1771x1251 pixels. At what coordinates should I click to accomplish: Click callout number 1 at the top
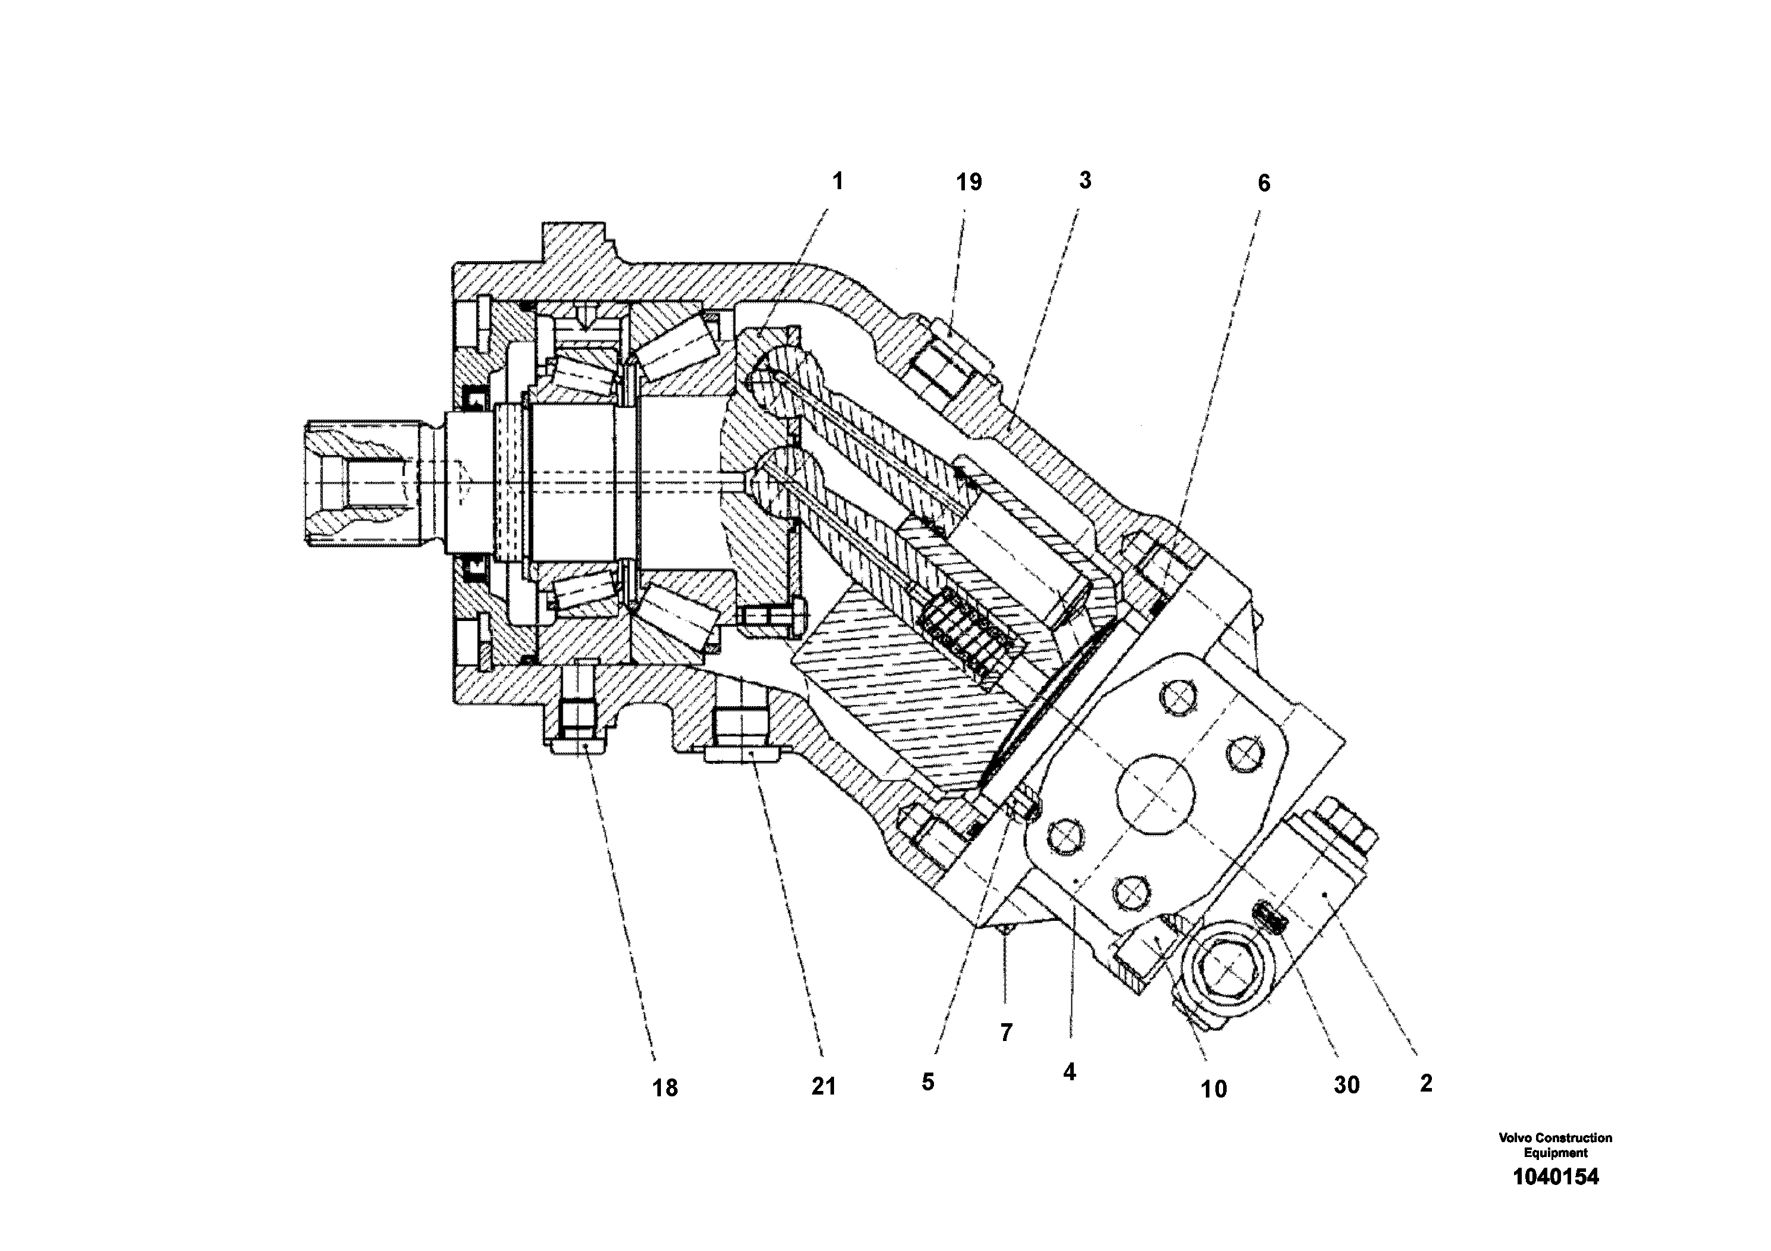tap(838, 182)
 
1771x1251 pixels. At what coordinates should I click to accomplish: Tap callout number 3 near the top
tap(1084, 181)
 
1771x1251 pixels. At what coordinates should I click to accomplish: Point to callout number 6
tap(1264, 184)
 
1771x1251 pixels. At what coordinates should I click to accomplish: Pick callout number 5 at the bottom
tap(927, 1082)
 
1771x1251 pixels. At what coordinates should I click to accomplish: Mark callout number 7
tap(1006, 1033)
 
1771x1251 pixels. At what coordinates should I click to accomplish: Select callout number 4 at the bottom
tap(1069, 1071)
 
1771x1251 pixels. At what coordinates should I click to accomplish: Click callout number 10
tap(1214, 1089)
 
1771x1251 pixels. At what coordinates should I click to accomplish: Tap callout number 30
tap(1346, 1085)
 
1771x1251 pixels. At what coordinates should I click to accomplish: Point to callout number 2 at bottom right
tap(1425, 1083)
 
